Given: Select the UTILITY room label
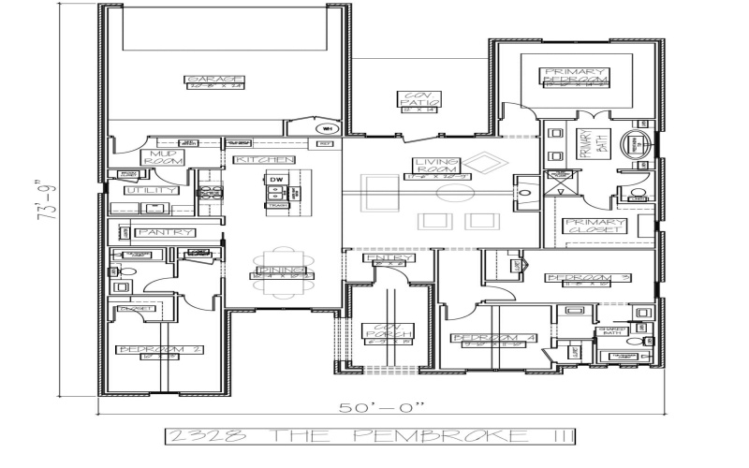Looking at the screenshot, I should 154,190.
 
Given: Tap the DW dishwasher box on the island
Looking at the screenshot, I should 276,179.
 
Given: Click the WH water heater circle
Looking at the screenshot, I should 328,128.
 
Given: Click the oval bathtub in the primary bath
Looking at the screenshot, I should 640,146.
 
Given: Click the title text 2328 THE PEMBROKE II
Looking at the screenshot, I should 370,435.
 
